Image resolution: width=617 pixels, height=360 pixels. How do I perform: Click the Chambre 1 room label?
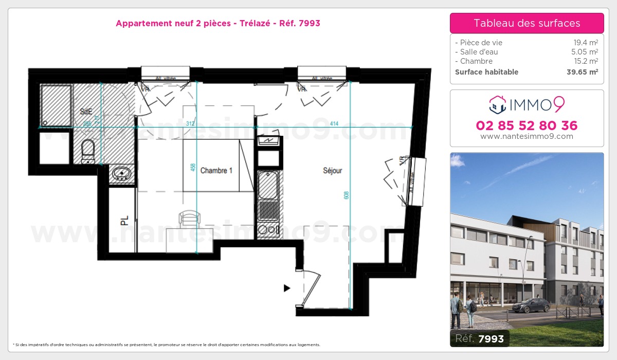pyautogui.click(x=216, y=171)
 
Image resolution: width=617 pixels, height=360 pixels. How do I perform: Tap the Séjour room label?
pyautogui.click(x=332, y=171)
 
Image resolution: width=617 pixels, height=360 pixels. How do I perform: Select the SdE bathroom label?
pyautogui.click(x=86, y=111)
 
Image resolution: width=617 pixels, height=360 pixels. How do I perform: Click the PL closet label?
pyautogui.click(x=124, y=221)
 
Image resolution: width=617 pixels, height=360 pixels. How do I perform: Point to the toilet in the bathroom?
pyautogui.click(x=88, y=151)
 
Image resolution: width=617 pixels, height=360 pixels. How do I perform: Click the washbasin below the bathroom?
pyautogui.click(x=122, y=174)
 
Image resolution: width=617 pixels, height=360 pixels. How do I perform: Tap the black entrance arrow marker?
pyautogui.click(x=287, y=289)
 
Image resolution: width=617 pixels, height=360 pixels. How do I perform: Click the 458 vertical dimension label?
pyautogui.click(x=193, y=168)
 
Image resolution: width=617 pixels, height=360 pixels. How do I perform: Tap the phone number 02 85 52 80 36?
pyautogui.click(x=527, y=125)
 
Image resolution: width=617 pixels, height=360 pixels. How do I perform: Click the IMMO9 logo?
pyautogui.click(x=527, y=105)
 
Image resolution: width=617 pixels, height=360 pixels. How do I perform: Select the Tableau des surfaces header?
pyautogui.click(x=527, y=23)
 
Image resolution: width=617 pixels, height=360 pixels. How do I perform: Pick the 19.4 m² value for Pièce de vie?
pyautogui.click(x=586, y=43)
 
